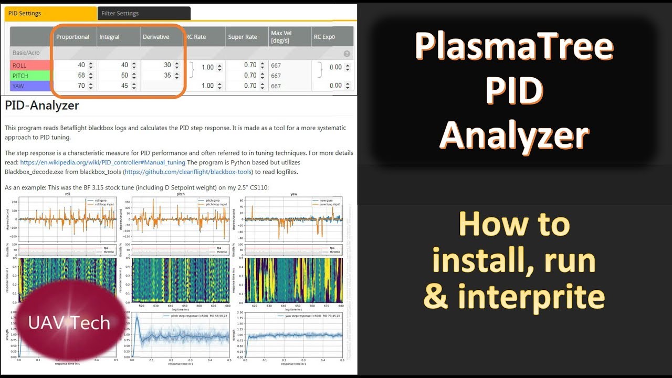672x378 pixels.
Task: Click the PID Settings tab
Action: click(25, 13)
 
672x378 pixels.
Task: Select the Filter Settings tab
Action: click(120, 13)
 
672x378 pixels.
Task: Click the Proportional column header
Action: click(73, 37)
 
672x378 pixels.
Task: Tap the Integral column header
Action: click(110, 37)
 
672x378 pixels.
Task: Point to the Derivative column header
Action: click(155, 37)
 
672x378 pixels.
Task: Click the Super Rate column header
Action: click(243, 37)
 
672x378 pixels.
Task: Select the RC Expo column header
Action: click(324, 37)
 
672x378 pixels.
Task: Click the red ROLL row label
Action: click(19, 66)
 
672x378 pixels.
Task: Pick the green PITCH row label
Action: click(20, 76)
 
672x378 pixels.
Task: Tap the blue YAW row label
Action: click(19, 86)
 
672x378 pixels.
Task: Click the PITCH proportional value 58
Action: click(81, 76)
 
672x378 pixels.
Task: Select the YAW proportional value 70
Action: click(81, 86)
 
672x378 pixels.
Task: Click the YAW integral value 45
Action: click(124, 86)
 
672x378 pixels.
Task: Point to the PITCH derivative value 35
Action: click(167, 76)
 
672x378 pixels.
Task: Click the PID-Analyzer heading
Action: click(42, 106)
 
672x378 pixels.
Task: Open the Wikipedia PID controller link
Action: click(103, 162)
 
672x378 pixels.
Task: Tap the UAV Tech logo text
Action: click(69, 322)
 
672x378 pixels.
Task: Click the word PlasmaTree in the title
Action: click(514, 46)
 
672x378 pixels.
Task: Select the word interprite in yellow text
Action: click(531, 297)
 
